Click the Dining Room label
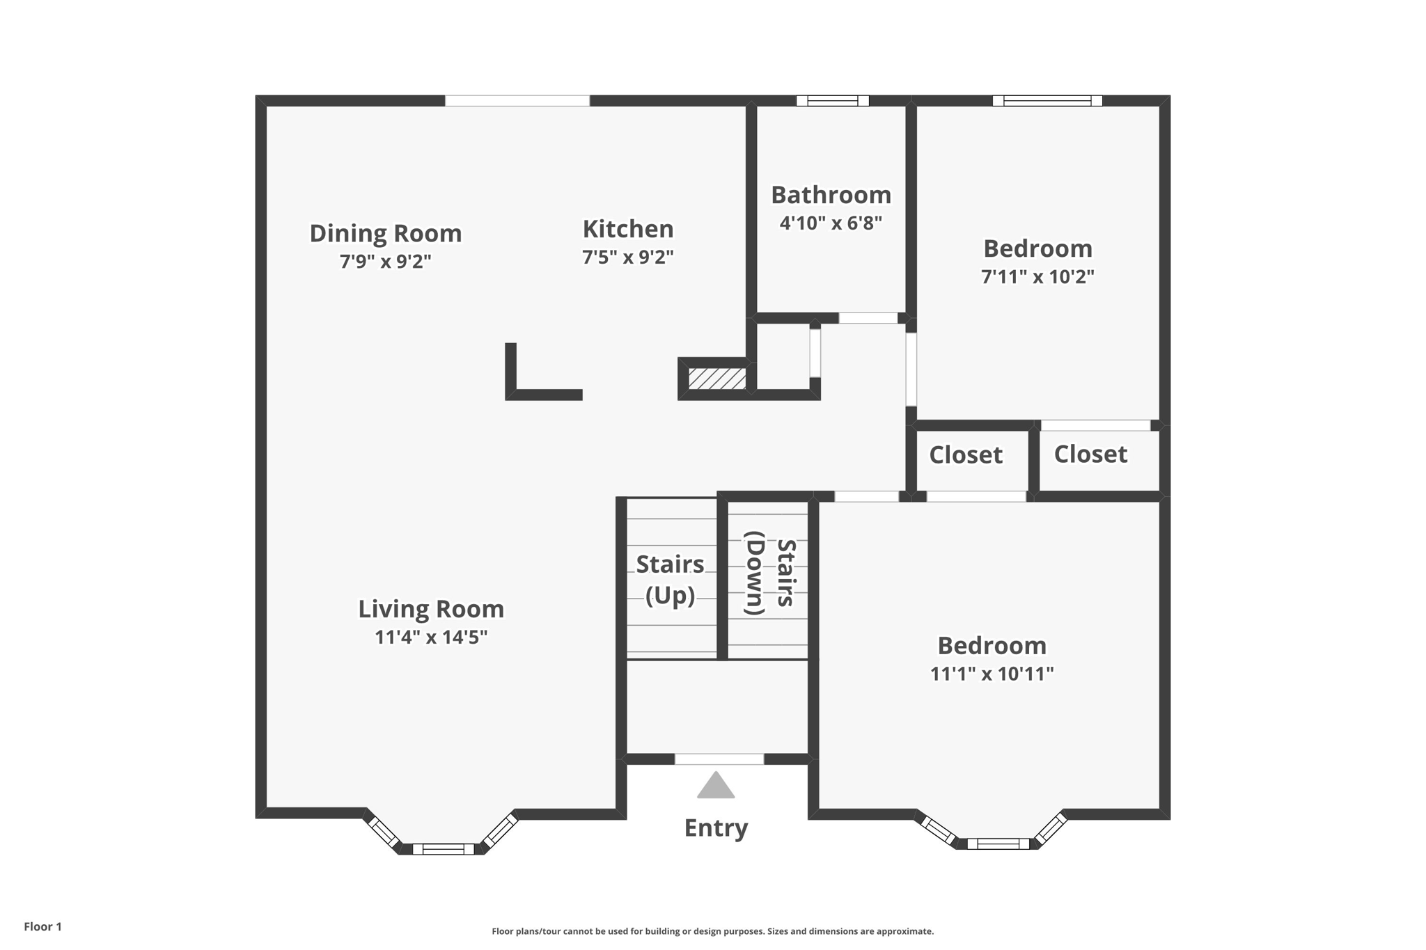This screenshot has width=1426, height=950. point(385,233)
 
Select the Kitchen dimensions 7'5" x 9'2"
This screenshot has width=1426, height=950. point(627,258)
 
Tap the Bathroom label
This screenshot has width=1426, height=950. point(831,195)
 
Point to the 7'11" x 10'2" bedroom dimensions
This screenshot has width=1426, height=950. point(1037,277)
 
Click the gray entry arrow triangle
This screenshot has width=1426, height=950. point(716,787)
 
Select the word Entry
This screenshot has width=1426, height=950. point(716,828)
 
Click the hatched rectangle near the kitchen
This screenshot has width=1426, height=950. point(716,379)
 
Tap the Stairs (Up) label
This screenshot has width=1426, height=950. point(670,579)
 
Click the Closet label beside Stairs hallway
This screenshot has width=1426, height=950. point(966,455)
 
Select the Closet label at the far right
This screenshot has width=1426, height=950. point(1090,454)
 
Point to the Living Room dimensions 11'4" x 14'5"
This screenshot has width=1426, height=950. point(430,638)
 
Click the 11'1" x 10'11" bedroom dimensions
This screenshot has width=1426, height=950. point(992,674)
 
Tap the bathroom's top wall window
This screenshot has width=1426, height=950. point(832,101)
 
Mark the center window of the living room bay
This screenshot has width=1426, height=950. point(443,849)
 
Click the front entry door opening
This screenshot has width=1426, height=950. point(719,759)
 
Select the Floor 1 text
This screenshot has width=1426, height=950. point(42,926)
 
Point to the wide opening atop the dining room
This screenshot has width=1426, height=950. point(517,101)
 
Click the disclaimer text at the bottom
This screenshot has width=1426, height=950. point(712,931)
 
